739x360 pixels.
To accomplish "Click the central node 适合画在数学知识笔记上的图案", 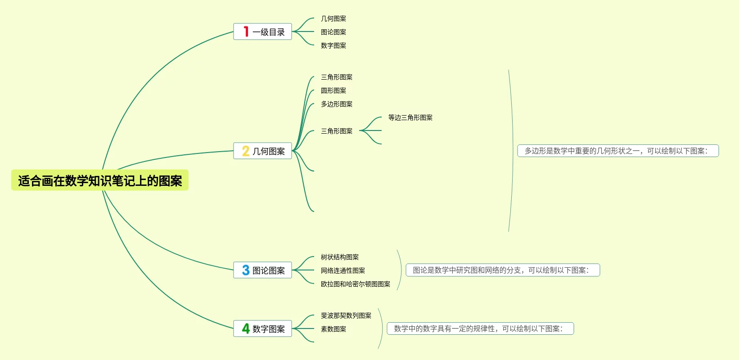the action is click(x=100, y=180).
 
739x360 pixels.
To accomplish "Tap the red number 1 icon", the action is click(x=246, y=31).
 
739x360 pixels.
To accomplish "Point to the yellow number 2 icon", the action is click(x=246, y=151).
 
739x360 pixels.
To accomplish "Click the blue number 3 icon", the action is click(x=246, y=270).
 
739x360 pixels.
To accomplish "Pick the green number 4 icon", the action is click(x=246, y=328).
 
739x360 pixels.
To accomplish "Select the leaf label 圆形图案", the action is click(x=333, y=90).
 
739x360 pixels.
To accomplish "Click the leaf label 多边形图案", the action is click(x=337, y=104).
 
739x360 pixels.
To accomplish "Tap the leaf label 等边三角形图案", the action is click(x=410, y=117).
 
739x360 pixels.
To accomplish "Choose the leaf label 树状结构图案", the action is click(x=340, y=257).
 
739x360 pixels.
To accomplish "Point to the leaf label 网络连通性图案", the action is click(x=343, y=270).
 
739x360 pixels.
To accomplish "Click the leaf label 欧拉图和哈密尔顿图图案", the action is click(x=356, y=284).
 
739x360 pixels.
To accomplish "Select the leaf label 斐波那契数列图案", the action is click(x=346, y=315).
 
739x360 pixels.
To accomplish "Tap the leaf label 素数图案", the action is click(x=333, y=329).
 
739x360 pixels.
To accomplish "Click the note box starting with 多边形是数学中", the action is click(x=618, y=151).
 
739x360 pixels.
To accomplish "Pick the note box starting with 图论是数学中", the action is click(x=503, y=270).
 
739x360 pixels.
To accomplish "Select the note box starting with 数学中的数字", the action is click(x=480, y=328).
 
